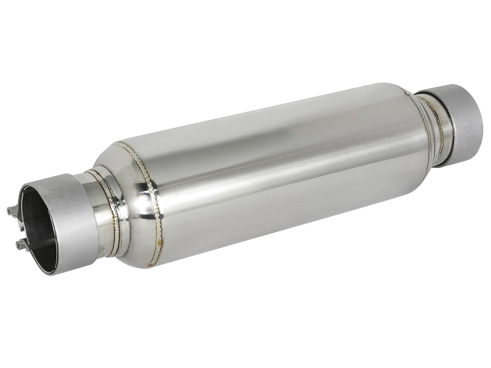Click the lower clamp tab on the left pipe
22,245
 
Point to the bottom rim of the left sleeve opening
49,270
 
